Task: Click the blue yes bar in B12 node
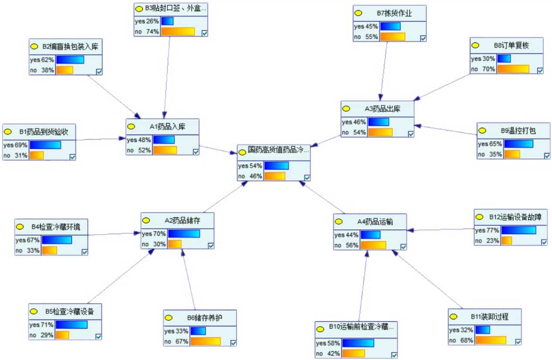[518, 230]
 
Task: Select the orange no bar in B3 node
[178, 31]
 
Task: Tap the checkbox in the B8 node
[540, 71]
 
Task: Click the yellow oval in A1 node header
[131, 127]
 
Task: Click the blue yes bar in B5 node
[71, 325]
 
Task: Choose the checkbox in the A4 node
[403, 247]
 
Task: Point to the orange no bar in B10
[353, 353]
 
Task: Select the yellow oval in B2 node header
[34, 46]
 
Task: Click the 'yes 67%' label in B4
[28, 240]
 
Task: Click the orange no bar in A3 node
[380, 132]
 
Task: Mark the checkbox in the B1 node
[72, 157]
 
